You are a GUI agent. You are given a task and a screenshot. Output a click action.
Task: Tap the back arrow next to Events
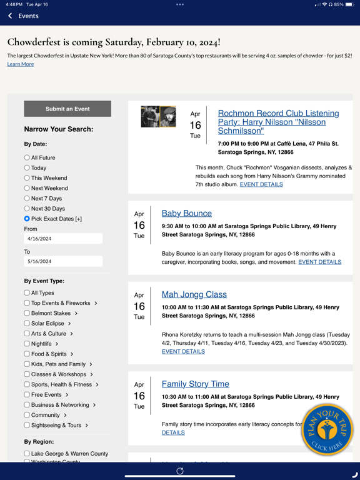[x=11, y=16]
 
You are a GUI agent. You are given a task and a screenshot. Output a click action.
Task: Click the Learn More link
[x=21, y=64]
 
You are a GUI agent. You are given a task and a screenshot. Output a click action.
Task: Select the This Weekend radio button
[x=27, y=178]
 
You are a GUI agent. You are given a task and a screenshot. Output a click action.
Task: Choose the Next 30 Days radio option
[x=27, y=209]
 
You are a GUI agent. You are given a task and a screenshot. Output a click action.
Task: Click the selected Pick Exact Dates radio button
[x=27, y=219]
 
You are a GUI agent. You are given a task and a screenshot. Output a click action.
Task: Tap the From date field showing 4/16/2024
[x=63, y=239]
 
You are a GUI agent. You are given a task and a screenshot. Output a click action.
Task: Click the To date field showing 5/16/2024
[x=63, y=262]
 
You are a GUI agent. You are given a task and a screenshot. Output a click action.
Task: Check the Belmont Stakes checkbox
[x=27, y=313]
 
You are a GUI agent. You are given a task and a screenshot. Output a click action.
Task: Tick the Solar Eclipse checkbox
[x=27, y=323]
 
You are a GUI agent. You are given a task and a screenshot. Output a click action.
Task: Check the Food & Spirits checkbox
[x=27, y=354]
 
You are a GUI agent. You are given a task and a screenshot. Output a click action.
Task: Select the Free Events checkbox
[x=27, y=394]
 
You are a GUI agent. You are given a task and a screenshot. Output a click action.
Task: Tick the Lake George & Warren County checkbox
[x=27, y=454]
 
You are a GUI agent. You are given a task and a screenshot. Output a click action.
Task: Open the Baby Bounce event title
[x=186, y=213]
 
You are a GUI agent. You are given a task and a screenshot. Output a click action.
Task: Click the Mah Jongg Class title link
[x=194, y=294]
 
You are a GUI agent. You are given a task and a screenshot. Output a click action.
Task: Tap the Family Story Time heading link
[x=195, y=384]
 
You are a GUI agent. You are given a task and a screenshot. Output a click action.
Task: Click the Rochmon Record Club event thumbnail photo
[x=158, y=117]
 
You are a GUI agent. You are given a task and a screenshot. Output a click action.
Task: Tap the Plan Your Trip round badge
[x=326, y=430]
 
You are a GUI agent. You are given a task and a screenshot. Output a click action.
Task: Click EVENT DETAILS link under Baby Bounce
[x=319, y=262]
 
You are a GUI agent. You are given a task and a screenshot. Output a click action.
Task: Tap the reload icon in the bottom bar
[x=180, y=471]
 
